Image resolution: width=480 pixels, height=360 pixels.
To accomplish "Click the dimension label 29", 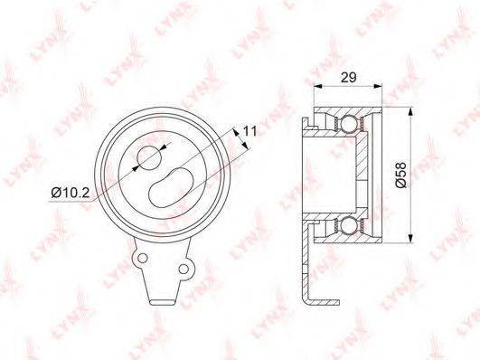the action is [349, 78].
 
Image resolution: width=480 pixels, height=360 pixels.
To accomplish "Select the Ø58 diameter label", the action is [400, 175].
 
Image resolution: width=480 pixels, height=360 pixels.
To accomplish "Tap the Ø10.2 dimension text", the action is [71, 193].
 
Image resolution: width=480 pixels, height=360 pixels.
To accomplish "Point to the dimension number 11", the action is [249, 131].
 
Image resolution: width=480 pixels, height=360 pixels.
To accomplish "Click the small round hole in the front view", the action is [149, 158].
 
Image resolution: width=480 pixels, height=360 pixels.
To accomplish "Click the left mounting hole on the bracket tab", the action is [142, 258].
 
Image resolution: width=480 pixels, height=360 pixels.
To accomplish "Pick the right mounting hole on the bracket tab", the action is [184, 269].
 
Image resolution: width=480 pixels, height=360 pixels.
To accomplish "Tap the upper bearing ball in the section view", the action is [349, 124].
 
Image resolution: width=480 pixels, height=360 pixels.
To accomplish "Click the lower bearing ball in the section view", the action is [349, 226].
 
